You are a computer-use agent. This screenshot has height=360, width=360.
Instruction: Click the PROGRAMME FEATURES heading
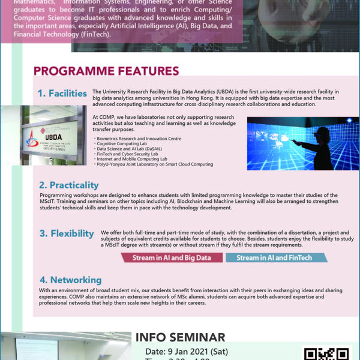106,71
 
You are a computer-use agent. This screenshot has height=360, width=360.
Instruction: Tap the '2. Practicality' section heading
68,185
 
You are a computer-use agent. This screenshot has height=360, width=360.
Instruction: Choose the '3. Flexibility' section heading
67,233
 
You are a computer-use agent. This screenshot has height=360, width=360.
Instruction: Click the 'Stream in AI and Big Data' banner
171,258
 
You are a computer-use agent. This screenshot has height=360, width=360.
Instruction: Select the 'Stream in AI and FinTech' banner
274,258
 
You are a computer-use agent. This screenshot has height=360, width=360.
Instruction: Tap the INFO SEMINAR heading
180,337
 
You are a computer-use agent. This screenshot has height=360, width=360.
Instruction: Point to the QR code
327,354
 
